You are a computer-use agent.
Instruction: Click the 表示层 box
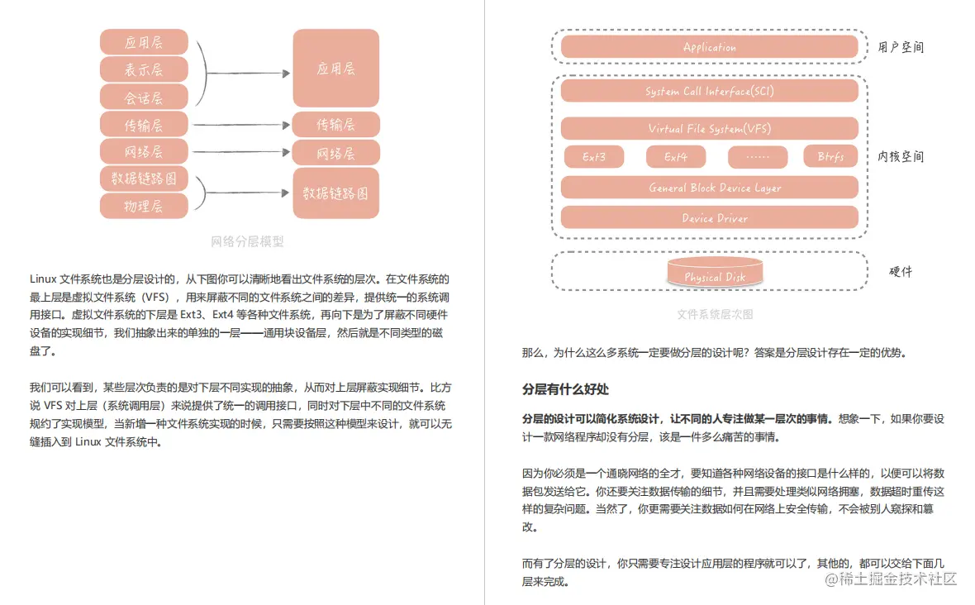point(144,69)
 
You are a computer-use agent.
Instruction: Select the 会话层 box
point(144,98)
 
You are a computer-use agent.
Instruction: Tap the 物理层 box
point(144,206)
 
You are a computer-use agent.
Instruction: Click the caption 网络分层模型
point(247,242)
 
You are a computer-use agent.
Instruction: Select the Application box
point(709,47)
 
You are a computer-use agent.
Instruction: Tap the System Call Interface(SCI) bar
point(709,91)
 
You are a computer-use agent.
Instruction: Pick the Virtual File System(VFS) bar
point(709,128)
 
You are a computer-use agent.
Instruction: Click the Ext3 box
point(594,157)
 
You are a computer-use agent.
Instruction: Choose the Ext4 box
point(675,157)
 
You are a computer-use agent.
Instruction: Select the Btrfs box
point(830,157)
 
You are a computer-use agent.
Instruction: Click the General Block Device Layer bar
point(709,188)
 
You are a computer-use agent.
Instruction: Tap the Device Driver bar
point(709,218)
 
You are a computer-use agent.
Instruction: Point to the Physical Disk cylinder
point(715,274)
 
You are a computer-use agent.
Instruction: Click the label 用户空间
point(901,47)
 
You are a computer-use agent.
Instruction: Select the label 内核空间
point(901,156)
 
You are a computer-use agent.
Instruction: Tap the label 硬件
point(901,271)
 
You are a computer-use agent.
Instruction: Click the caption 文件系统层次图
point(715,315)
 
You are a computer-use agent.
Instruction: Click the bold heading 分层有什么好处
point(565,389)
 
